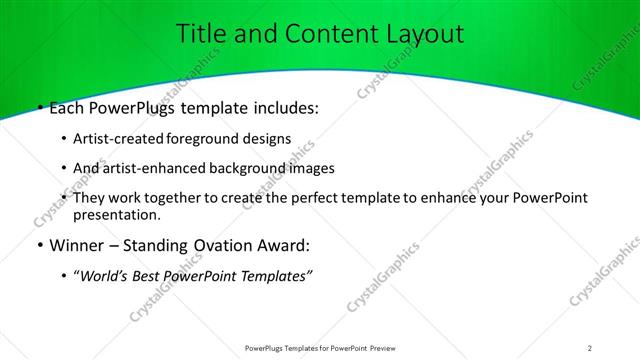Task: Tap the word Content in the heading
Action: click(326, 33)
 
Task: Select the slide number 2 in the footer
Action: click(590, 347)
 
